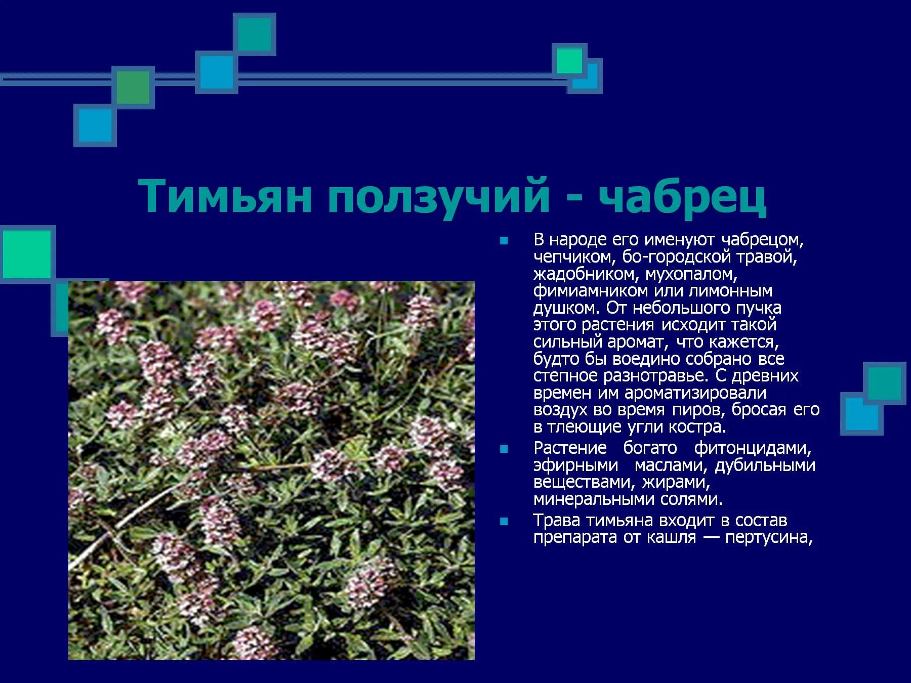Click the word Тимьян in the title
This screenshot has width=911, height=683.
point(225,196)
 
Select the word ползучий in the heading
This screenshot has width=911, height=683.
point(438,197)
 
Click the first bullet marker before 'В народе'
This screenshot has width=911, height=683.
point(504,241)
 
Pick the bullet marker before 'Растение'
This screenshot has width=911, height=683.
point(504,449)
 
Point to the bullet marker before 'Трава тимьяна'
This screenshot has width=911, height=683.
point(504,522)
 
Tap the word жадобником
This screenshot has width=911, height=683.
point(585,274)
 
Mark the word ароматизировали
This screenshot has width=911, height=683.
point(695,393)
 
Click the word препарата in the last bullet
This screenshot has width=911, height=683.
point(575,537)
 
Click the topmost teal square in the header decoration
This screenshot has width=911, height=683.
point(255,34)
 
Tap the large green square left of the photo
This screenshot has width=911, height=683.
point(27,254)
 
